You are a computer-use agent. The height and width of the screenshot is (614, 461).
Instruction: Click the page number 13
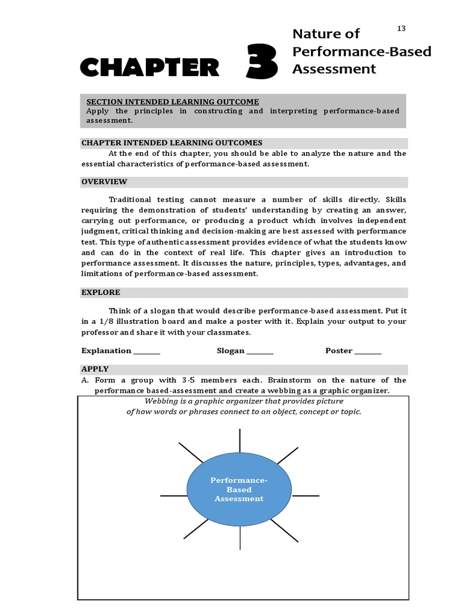click(402, 29)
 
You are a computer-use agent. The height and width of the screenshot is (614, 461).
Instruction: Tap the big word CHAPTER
click(149, 67)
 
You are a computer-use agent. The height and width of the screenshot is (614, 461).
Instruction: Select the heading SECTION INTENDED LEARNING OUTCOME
click(173, 102)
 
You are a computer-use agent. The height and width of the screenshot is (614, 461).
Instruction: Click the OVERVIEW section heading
click(104, 182)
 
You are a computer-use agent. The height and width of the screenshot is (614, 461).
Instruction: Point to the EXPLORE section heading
click(101, 293)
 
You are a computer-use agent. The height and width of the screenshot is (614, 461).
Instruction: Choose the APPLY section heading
click(95, 369)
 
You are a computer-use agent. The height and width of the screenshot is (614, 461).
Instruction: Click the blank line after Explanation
click(147, 351)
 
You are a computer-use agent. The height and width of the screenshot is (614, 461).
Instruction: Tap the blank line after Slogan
click(260, 351)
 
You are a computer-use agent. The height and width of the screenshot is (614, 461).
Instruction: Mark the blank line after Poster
click(368, 351)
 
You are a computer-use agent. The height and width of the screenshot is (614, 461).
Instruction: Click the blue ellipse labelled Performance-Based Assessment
click(239, 489)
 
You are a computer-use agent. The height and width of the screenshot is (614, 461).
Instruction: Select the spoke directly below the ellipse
click(240, 537)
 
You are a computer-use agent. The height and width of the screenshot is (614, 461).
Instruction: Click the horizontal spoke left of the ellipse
click(173, 496)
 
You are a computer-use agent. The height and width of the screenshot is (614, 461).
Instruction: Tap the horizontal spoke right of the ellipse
click(306, 496)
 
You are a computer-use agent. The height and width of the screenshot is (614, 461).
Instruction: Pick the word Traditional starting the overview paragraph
click(133, 200)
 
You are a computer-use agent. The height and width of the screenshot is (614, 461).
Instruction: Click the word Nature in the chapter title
click(316, 34)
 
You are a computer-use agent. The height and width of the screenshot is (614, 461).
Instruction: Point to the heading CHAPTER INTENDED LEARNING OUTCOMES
click(172, 143)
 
